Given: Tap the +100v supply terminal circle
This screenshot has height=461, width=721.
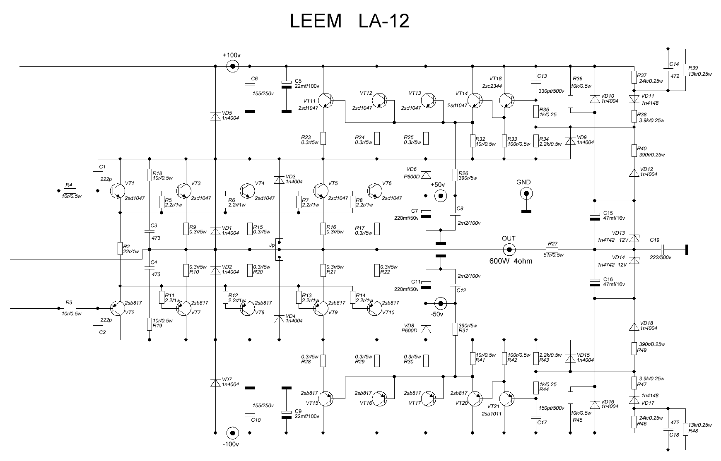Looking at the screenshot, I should click(232, 66).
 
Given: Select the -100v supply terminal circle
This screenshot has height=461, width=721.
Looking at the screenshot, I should click(232, 433).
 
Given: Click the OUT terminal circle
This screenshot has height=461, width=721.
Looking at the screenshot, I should click(509, 250).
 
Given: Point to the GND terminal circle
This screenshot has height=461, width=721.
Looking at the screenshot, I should click(526, 193).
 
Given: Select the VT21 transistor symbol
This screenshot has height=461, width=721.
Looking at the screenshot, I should click(506, 399).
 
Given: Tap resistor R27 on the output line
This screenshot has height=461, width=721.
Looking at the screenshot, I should click(552, 250).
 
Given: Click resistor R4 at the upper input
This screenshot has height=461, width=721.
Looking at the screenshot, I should click(70, 191).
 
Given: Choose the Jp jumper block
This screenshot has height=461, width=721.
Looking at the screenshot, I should click(280, 250).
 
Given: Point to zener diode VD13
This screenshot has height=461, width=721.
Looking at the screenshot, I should click(634, 238).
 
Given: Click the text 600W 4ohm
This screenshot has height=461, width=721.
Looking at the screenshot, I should click(511, 261).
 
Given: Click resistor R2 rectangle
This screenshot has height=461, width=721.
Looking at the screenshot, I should click(120, 248).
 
